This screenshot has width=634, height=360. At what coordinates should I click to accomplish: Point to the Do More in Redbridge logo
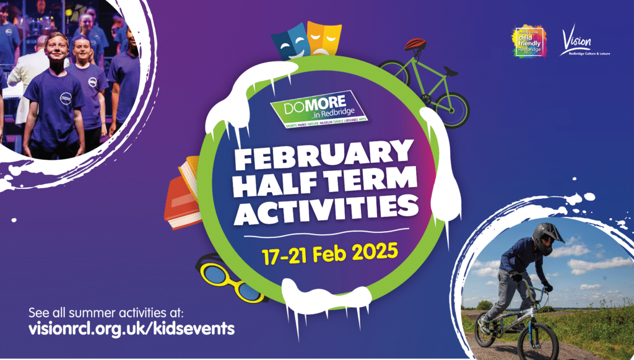tap(317, 109)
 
